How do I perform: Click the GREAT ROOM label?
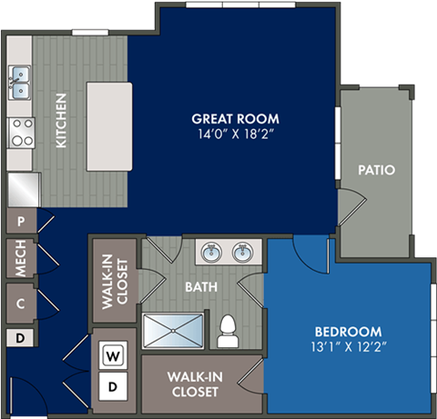tap(235, 119)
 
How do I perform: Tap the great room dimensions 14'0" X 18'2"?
tap(235, 135)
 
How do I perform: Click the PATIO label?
tap(375, 169)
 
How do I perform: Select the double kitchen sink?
tap(20, 82)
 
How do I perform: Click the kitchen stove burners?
tap(20, 133)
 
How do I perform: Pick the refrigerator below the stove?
tap(24, 188)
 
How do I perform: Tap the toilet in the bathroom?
tap(228, 331)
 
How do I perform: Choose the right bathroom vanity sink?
tap(241, 252)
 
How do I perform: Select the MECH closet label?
tap(19, 257)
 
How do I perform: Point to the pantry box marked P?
tap(19, 221)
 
